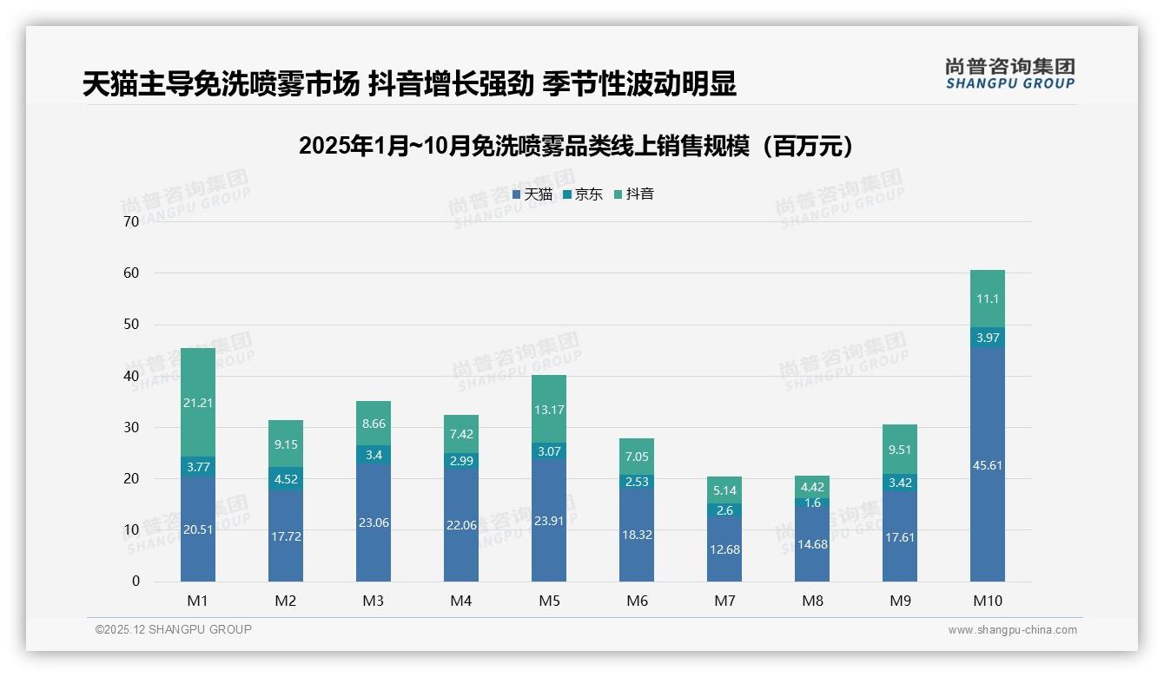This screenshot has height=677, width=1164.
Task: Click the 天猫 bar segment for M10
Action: tap(987, 464)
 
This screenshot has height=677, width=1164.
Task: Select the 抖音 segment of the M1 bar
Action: tap(198, 403)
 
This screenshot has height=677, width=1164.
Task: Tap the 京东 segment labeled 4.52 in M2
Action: tap(286, 479)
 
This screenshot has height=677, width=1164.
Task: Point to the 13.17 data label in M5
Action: tap(549, 410)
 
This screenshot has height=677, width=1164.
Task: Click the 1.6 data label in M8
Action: tap(812, 503)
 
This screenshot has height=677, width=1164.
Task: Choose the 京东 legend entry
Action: tap(583, 194)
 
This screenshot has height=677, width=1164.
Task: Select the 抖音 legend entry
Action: tap(634, 194)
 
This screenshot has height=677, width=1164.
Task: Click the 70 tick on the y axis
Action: tap(131, 221)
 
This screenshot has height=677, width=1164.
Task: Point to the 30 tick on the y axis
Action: tap(131, 427)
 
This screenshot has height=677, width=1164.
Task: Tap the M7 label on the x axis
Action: tap(724, 601)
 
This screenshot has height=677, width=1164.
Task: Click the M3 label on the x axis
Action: tap(374, 601)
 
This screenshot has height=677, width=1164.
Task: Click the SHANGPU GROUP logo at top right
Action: tap(1009, 74)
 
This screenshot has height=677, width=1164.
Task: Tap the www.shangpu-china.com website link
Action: tap(1012, 630)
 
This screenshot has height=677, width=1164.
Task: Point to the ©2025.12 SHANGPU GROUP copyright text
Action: tap(174, 630)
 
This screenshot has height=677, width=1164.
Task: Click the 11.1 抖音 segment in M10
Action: tap(987, 299)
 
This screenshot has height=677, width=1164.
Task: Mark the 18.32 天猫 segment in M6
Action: tap(637, 535)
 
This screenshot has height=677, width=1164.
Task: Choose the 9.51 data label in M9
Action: tap(900, 450)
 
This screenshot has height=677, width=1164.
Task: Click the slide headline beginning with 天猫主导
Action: tap(409, 83)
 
